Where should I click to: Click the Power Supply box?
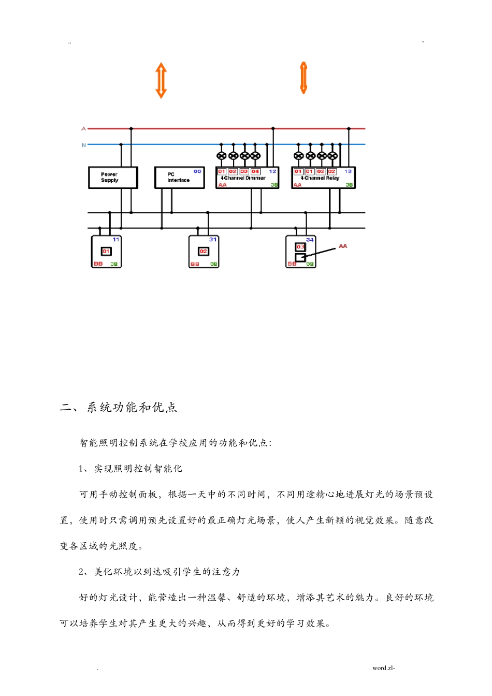[x=113, y=178]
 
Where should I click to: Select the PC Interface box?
[x=179, y=178]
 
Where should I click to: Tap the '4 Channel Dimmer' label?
[x=243, y=178]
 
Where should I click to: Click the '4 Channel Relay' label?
[x=320, y=178]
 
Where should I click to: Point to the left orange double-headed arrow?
[x=161, y=80]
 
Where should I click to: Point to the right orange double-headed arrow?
[x=303, y=78]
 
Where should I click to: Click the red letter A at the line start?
[x=83, y=128]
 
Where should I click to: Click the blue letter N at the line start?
[x=83, y=145]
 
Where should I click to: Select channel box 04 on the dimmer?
[x=255, y=171]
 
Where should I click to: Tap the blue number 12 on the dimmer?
[x=272, y=171]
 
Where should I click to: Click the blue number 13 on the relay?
[x=348, y=171]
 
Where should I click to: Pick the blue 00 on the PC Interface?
[x=197, y=171]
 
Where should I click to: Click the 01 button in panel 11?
[x=106, y=251]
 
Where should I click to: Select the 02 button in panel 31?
[x=204, y=251]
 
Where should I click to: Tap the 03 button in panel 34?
[x=300, y=247]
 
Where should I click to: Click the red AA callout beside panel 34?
[x=343, y=247]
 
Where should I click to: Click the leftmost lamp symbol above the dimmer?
[x=222, y=156]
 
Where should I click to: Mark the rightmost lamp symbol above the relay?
[x=332, y=156]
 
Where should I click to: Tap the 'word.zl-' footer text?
[x=383, y=668]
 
